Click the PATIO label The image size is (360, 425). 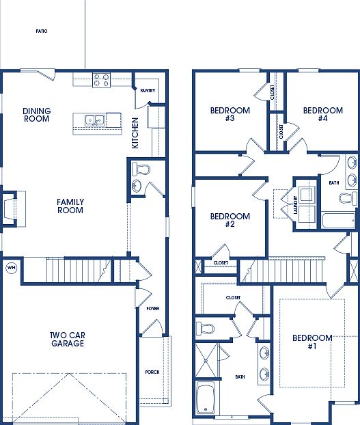click(x=42, y=31)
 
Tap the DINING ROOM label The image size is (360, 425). click(x=36, y=114)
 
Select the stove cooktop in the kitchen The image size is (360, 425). click(x=102, y=80)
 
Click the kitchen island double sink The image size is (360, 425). click(x=94, y=121)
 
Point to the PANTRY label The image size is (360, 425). click(x=148, y=91)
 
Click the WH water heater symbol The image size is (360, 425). click(x=11, y=267)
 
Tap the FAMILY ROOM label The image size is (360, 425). click(x=70, y=206)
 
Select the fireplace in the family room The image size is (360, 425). click(x=11, y=206)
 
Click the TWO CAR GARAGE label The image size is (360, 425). click(x=66, y=339)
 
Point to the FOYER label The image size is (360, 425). click(x=152, y=309)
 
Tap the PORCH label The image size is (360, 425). click(x=152, y=372)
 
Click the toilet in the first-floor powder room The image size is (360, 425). click(x=141, y=169)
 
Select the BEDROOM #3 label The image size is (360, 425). click(x=230, y=114)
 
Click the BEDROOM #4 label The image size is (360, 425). click(x=322, y=114)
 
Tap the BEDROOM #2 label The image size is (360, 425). click(x=230, y=220)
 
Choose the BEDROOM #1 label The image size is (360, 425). click(x=312, y=342)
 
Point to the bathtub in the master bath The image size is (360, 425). click(x=206, y=400)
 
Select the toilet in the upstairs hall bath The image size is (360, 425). click(x=348, y=198)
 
